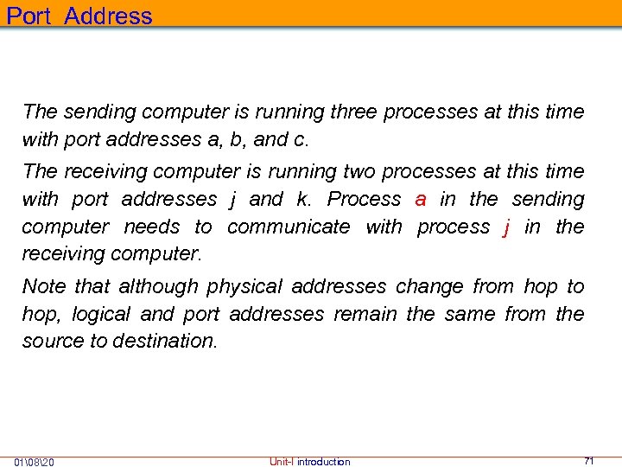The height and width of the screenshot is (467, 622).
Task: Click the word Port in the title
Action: (x=30, y=16)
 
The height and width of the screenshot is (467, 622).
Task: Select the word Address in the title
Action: (x=108, y=16)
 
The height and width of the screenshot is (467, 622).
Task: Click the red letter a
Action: (x=421, y=200)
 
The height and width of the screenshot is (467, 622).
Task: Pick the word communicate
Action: (x=289, y=227)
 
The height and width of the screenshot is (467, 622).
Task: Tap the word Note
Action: (x=43, y=286)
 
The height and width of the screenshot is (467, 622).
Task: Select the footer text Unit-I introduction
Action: (x=310, y=462)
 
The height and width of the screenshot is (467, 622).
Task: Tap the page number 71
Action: (x=589, y=461)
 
